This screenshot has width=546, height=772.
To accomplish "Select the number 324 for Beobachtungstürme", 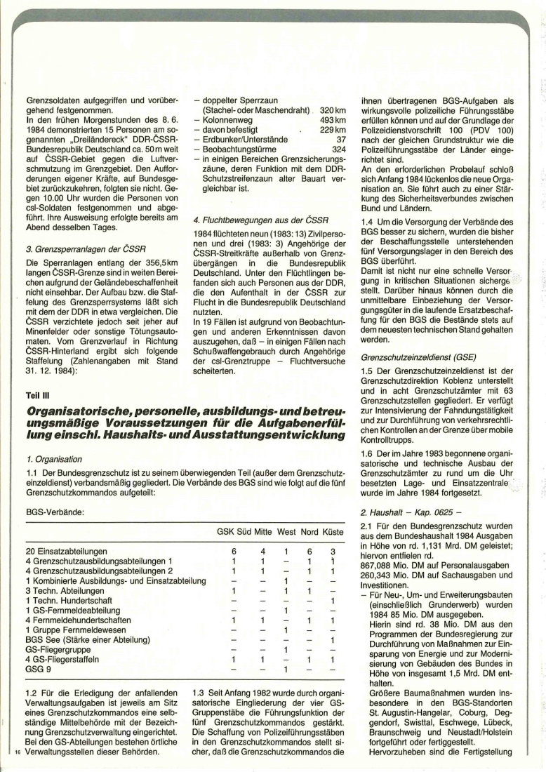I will click(x=339, y=149).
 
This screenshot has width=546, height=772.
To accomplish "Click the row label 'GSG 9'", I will click(x=39, y=669).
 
